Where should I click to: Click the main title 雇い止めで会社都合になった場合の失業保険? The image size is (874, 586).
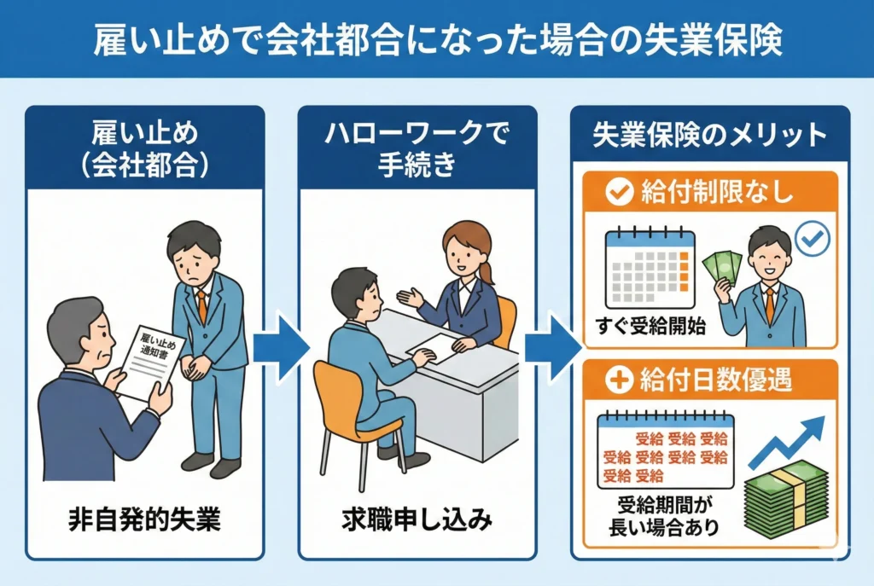click(438, 39)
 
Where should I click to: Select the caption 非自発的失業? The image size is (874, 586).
click(144, 519)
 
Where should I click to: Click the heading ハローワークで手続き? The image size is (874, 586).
click(417, 150)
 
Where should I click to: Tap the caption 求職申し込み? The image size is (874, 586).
click(417, 519)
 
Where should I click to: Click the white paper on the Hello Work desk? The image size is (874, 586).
click(438, 349)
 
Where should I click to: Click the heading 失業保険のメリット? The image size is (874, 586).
click(709, 136)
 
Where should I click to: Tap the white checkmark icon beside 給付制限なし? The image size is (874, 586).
click(619, 193)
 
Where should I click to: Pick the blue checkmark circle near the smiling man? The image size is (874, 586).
click(813, 239)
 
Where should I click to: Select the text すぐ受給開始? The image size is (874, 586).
click(650, 325)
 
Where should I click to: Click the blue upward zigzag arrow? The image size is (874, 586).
click(786, 442)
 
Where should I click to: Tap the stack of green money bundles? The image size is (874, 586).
click(786, 498)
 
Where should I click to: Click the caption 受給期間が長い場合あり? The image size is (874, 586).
click(664, 515)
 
